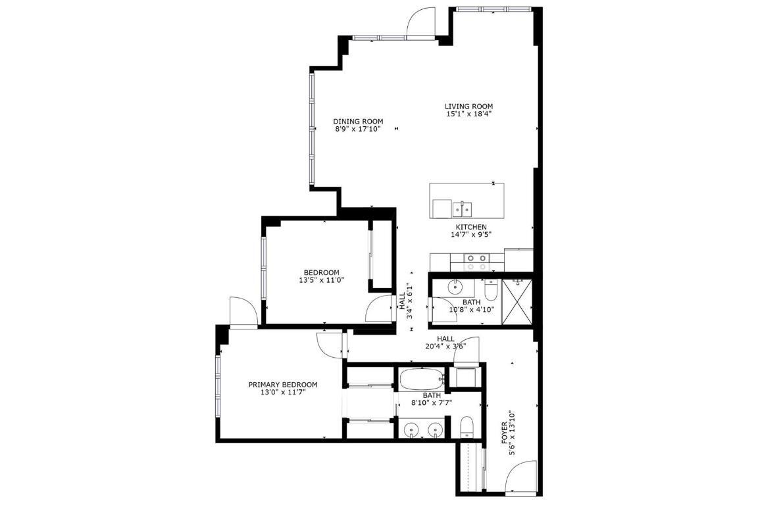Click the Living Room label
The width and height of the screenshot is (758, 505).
(468, 106)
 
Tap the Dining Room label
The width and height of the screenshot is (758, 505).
(358, 121)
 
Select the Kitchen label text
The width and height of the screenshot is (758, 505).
(471, 227)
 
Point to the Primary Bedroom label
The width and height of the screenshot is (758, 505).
(283, 385)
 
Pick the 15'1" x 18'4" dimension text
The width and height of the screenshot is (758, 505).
(468, 114)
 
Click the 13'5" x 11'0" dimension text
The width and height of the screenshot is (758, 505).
(321, 280)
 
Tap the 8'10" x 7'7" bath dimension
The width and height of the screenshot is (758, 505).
(432, 403)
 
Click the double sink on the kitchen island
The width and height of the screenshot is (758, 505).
(462, 209)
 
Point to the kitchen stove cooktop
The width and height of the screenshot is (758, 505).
(476, 262)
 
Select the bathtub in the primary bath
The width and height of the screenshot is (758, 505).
(421, 379)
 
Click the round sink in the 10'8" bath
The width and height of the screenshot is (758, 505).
(455, 287)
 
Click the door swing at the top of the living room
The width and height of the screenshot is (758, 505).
(420, 22)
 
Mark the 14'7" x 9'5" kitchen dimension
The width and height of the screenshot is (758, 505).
(471, 235)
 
